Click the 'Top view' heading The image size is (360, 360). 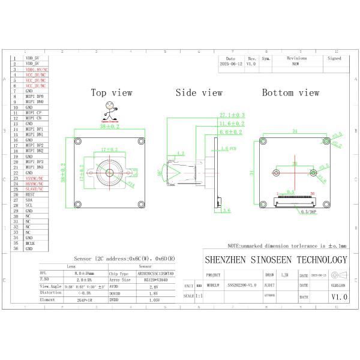[111, 92]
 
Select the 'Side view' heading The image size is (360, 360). [199, 92]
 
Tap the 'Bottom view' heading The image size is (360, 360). [290, 92]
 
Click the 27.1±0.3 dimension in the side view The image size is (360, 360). [232, 115]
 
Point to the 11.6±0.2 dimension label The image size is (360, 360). [232, 123]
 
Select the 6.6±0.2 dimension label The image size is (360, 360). [231, 131]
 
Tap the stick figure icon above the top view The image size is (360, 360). [109, 110]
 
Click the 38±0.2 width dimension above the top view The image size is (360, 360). [110, 127]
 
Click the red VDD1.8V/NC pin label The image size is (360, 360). [36, 70]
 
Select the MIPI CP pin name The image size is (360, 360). [33, 112]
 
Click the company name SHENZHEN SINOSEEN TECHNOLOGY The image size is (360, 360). [276, 260]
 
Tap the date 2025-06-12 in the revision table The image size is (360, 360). [231, 63]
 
